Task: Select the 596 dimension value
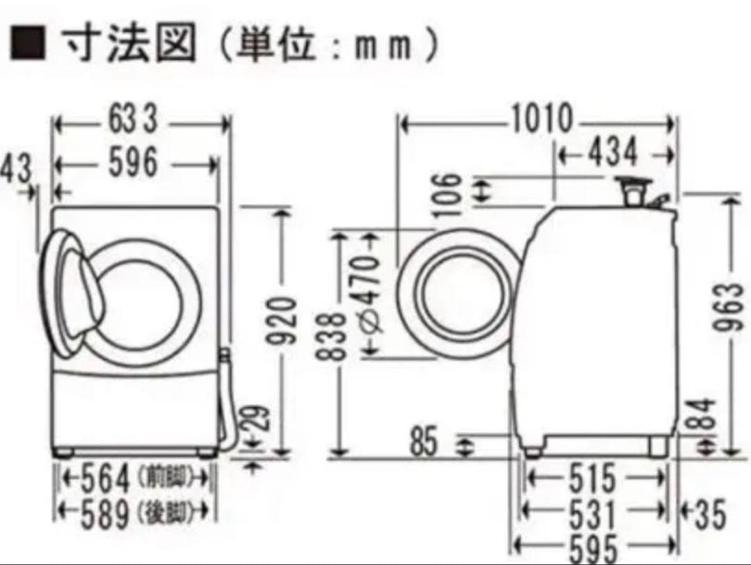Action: [x=133, y=164]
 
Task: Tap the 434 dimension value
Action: [x=612, y=152]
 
